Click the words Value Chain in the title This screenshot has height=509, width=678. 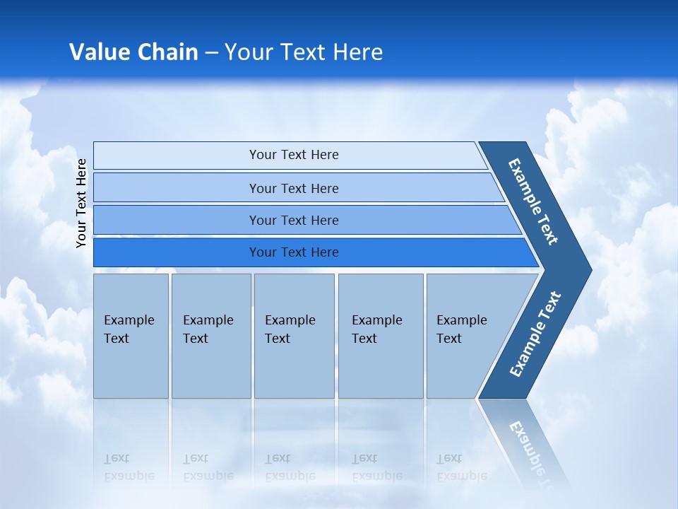133,52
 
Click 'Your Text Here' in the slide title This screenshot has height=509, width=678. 304,52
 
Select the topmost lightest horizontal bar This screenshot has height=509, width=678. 177,155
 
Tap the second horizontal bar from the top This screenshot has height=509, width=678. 177,188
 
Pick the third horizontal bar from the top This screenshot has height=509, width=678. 177,220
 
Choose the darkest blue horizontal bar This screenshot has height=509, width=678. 177,252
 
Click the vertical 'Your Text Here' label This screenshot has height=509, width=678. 81,203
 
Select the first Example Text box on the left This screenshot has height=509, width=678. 131,336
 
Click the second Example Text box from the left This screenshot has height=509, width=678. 210,336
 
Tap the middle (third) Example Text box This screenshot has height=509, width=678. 294,336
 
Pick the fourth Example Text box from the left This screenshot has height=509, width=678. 380,336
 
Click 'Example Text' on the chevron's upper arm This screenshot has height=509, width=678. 533,201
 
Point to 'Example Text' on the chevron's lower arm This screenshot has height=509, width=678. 535,334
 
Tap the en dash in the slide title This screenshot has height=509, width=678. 211,52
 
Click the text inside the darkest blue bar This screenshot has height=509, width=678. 294,252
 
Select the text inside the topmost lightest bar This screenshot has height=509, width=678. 294,155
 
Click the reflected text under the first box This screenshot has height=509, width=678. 129,467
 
